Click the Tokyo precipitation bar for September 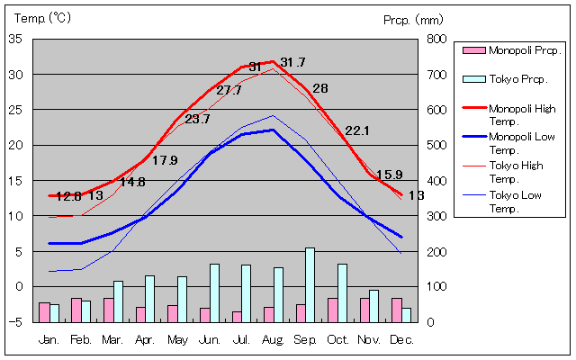(x=310, y=284)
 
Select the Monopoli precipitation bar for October (x=332, y=310)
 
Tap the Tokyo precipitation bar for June (x=214, y=292)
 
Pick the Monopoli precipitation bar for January (x=44, y=311)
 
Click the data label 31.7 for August (x=292, y=62)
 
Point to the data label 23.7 (x=197, y=119)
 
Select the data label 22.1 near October (x=357, y=130)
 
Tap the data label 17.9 (x=165, y=160)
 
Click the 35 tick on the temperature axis (x=16, y=39)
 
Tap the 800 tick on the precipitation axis (x=436, y=39)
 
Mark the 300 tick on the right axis (x=436, y=216)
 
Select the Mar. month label (x=112, y=339)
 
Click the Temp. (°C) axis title (x=43, y=18)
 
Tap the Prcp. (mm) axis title (x=413, y=19)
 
